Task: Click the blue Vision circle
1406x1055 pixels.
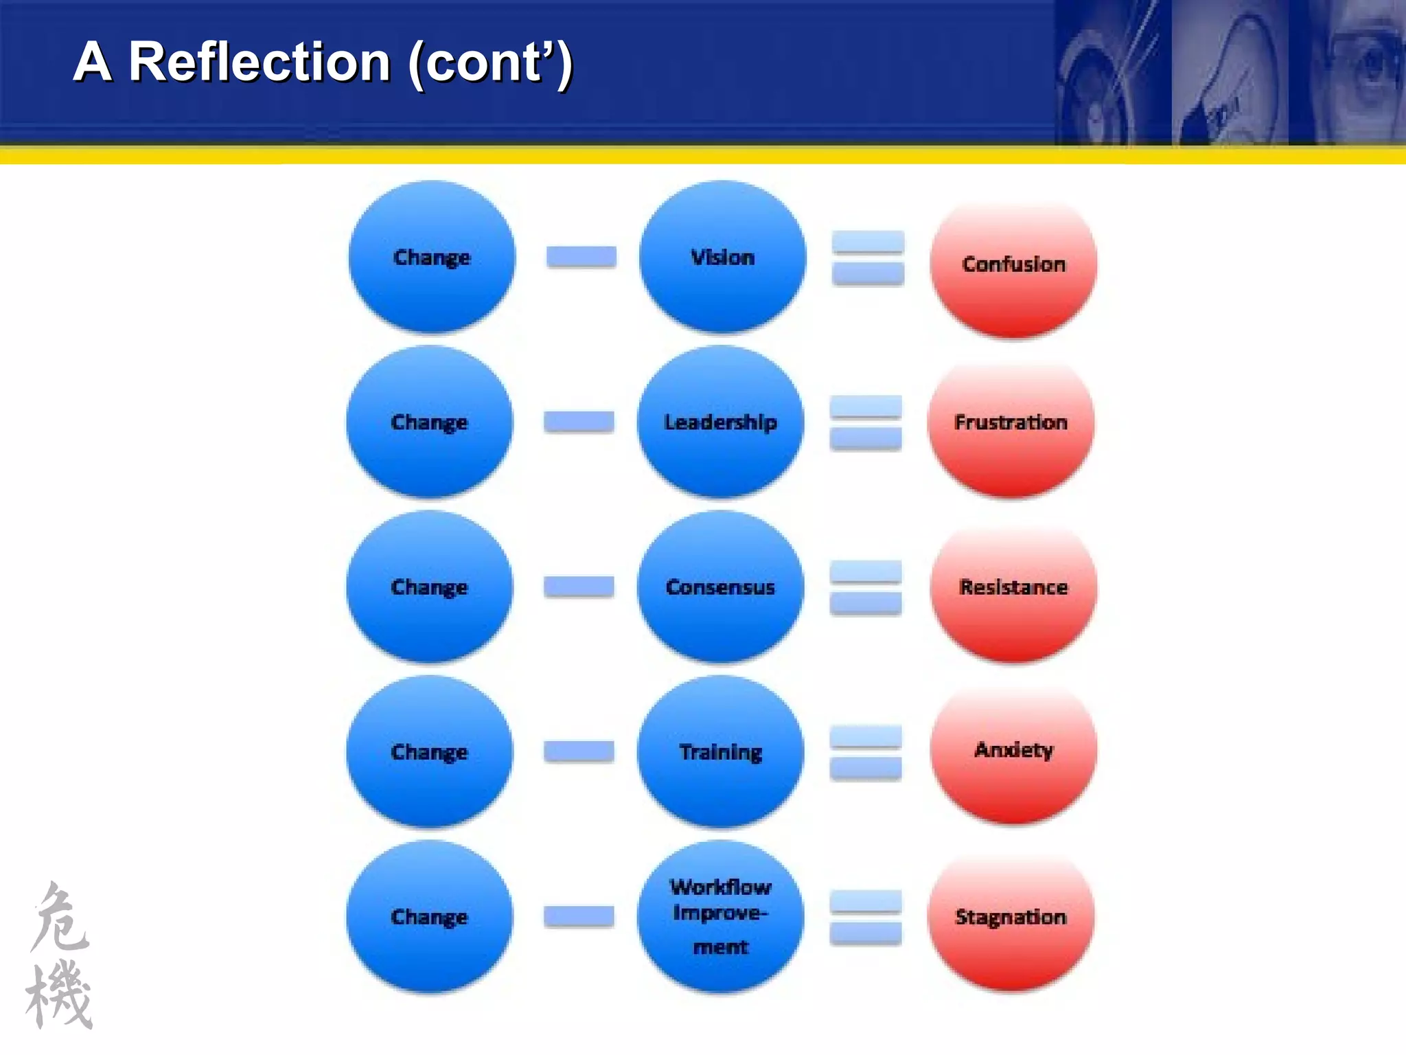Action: [722, 257]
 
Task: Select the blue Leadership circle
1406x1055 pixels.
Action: [720, 422]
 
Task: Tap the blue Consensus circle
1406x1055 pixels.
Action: [720, 587]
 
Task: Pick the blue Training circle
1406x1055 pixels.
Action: [720, 751]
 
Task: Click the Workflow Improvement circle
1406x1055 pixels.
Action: [720, 916]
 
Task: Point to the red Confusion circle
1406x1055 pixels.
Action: [1013, 266]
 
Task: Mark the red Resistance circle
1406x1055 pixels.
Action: [1013, 591]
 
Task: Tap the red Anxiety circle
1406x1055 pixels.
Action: [1013, 753]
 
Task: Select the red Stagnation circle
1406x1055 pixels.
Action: [1011, 920]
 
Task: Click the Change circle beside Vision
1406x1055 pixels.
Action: [431, 257]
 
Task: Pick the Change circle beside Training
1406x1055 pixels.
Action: [429, 751]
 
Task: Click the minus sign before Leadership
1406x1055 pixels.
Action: [579, 421]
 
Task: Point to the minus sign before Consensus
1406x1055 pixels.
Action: [579, 586]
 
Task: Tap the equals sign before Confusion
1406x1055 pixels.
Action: [868, 258]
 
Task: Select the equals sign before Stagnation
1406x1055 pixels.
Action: [866, 917]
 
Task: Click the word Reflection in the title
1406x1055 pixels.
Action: [260, 62]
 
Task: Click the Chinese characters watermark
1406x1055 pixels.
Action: [60, 955]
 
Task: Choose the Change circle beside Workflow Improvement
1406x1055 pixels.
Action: [429, 916]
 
